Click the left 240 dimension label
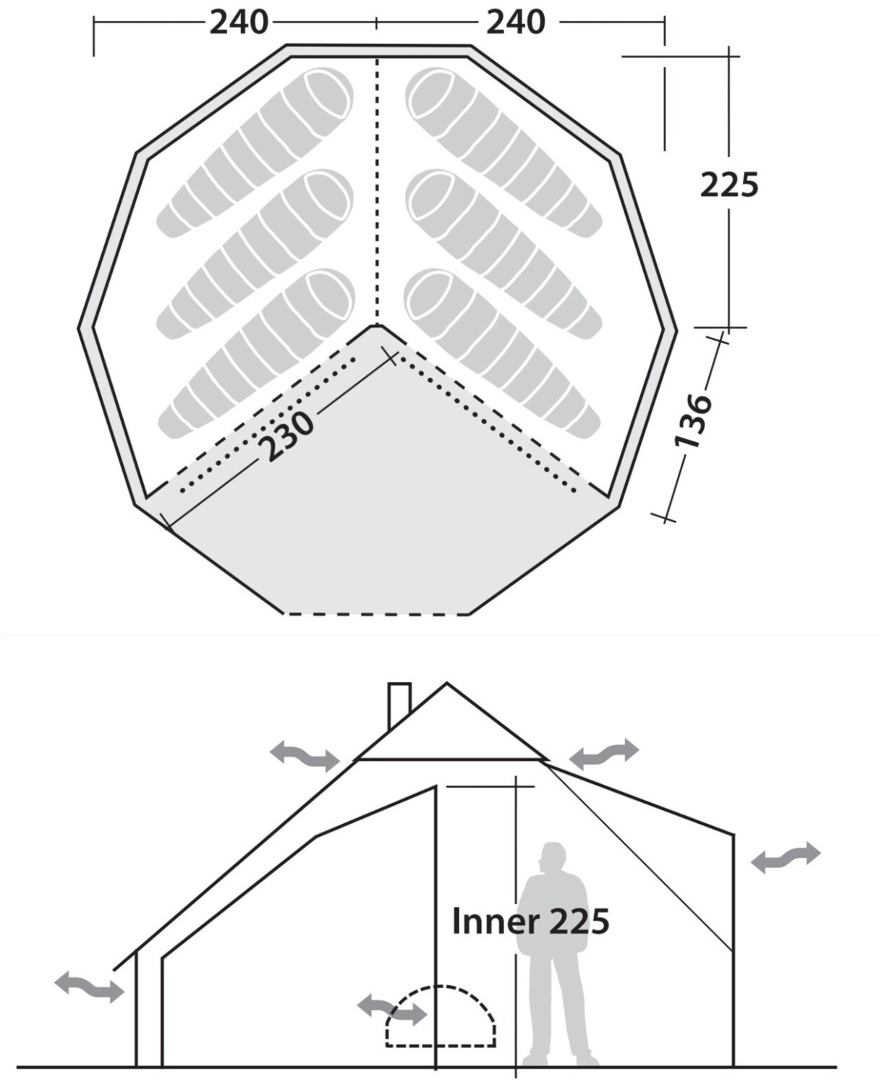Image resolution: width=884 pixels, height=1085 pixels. [x=239, y=23]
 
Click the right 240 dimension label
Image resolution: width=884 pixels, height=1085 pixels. [x=516, y=23]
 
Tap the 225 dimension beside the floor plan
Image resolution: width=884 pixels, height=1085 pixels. [x=729, y=184]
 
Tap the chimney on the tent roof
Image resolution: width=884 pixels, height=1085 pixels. [x=399, y=707]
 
